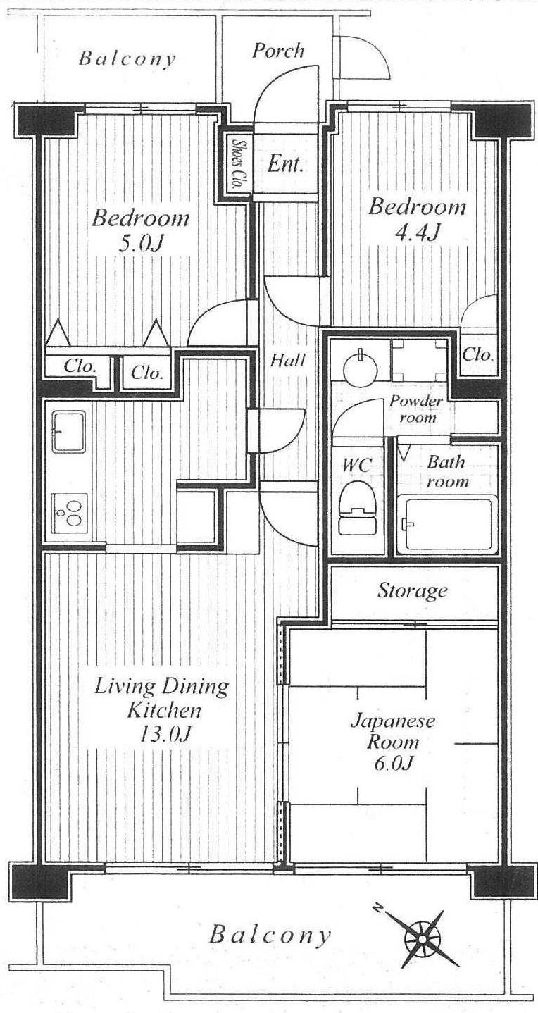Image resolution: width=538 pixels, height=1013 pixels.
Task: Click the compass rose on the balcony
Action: click(423, 938)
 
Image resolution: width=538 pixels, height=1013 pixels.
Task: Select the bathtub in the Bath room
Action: click(447, 526)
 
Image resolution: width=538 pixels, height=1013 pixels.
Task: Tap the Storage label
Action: click(413, 590)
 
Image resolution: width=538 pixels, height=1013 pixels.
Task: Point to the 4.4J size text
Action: click(418, 232)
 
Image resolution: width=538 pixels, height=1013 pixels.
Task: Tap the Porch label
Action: click(278, 51)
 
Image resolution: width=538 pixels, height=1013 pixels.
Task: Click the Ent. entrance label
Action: click(286, 166)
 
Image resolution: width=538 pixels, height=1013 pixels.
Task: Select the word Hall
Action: click(288, 361)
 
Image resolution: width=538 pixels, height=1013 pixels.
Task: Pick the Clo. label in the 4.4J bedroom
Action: click(478, 354)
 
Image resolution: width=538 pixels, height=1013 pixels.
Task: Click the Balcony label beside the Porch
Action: click(127, 58)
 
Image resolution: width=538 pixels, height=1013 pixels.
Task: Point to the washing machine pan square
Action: click(420, 358)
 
